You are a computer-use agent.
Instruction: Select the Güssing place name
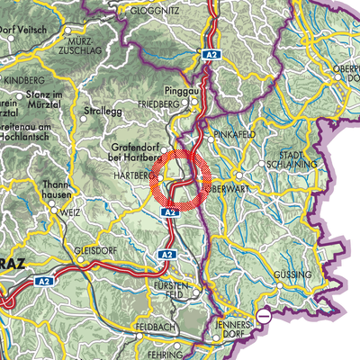[x=295, y=274]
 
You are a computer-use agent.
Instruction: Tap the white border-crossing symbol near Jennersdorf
[x=263, y=316]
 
